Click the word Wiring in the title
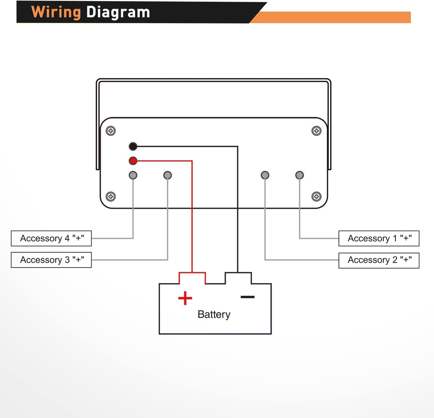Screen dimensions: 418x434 pyautogui.click(x=56, y=13)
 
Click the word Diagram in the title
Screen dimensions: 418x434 pyautogui.click(x=118, y=13)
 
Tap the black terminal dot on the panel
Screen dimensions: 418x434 pyautogui.click(x=133, y=146)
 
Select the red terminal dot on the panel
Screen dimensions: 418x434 pyautogui.click(x=133, y=161)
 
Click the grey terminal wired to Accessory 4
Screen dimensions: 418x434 pyautogui.click(x=133, y=175)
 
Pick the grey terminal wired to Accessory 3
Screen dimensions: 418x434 pyautogui.click(x=167, y=175)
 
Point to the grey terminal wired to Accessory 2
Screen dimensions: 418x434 pyautogui.click(x=265, y=175)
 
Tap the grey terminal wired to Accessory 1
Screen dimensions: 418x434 pyautogui.click(x=299, y=175)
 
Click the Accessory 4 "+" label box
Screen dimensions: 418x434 pyautogui.click(x=51, y=238)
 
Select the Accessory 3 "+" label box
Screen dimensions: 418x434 pyautogui.click(x=51, y=260)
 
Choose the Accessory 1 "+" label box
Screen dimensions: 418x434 pyautogui.click(x=379, y=238)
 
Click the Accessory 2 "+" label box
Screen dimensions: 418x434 pyautogui.click(x=379, y=260)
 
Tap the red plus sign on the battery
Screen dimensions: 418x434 pyautogui.click(x=185, y=298)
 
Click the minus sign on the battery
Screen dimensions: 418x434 pyautogui.click(x=247, y=297)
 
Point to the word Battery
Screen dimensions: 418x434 pyautogui.click(x=214, y=314)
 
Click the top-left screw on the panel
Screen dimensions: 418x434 pyautogui.click(x=111, y=131)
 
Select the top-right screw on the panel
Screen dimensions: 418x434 pyautogui.click(x=316, y=131)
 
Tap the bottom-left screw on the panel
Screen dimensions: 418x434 pyautogui.click(x=111, y=197)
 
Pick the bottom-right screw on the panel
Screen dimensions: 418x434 pyautogui.click(x=316, y=197)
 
